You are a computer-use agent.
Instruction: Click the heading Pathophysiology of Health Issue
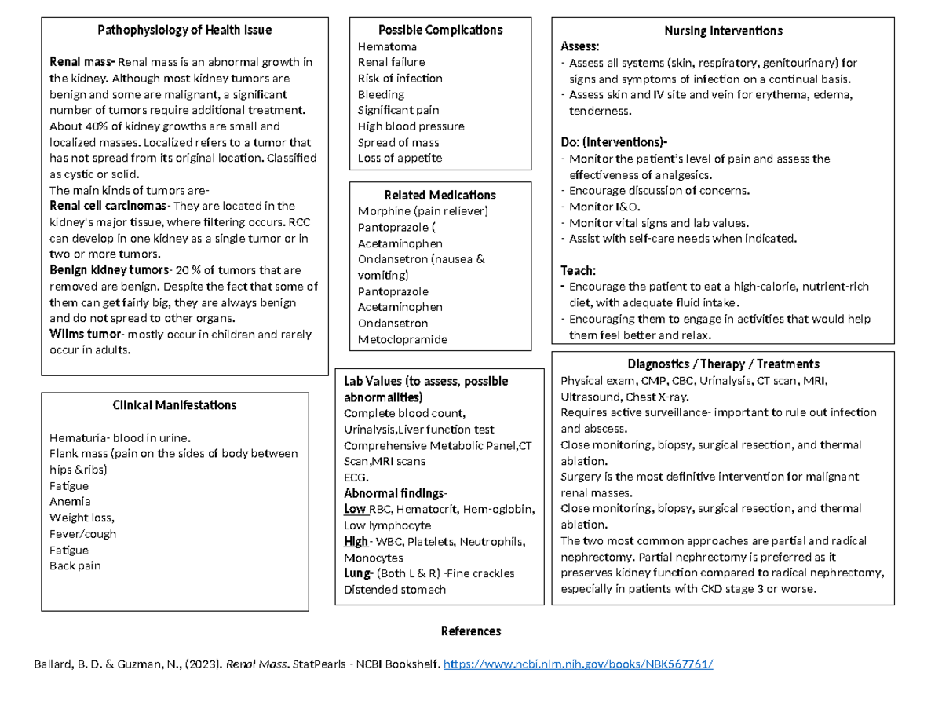184,31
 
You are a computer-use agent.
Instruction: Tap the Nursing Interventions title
723,31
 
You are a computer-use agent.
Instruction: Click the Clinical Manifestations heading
174,405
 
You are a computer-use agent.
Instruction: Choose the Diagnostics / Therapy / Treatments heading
723,364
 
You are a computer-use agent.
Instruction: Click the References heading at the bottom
470,631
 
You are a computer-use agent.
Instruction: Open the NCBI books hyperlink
579,664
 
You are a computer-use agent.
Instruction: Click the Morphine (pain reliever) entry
422,211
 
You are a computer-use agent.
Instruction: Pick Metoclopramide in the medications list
402,339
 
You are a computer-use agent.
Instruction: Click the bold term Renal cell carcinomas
108,206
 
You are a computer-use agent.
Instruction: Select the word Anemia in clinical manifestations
70,502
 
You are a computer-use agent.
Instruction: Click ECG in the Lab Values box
355,477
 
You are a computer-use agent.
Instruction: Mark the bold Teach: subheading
579,269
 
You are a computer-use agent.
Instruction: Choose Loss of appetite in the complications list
400,158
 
